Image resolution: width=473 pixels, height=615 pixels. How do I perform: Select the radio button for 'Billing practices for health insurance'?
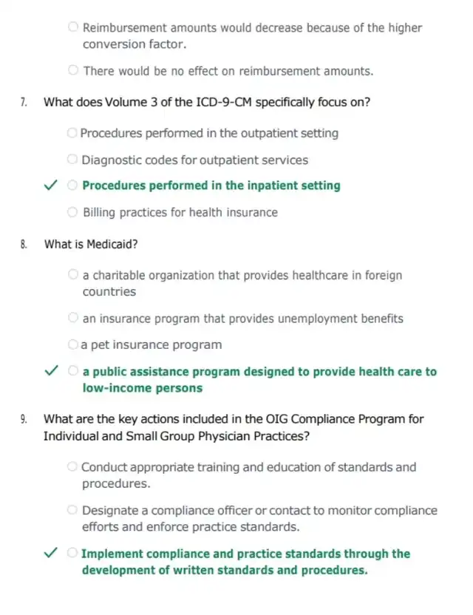click(74, 212)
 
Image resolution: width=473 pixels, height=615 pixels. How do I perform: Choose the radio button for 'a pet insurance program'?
click(74, 344)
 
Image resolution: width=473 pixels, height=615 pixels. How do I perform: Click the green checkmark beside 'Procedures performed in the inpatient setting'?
click(49, 186)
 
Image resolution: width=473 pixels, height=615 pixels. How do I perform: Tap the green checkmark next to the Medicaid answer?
click(49, 372)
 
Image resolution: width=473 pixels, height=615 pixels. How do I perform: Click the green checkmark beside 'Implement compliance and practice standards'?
click(49, 554)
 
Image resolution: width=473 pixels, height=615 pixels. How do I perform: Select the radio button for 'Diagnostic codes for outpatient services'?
click(74, 160)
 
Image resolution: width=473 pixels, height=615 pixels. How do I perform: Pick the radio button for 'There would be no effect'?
click(74, 71)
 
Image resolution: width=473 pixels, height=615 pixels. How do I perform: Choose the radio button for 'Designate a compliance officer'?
click(74, 510)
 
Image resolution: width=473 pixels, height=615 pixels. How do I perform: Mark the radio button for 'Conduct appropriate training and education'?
click(74, 467)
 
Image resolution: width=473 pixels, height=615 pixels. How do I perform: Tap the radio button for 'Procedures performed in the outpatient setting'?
click(72, 133)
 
